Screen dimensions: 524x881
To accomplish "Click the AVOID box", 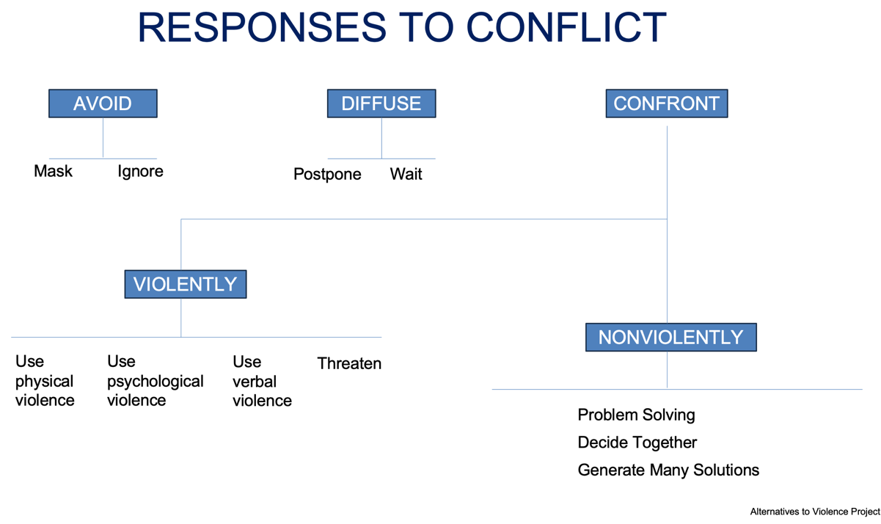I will point(103,103).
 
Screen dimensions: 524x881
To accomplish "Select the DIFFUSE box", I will point(381,103).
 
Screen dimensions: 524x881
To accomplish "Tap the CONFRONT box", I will point(666,103).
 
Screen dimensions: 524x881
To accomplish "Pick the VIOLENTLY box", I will point(185,284).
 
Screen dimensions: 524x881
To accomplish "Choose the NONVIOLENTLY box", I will point(670,337).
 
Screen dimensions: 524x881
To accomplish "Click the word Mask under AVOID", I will point(53,171).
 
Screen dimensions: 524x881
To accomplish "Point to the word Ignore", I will point(140,171).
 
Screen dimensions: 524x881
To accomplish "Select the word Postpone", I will point(327,175).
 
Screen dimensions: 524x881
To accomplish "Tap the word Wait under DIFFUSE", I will point(406,175).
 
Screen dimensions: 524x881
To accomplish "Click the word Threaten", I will point(349,363).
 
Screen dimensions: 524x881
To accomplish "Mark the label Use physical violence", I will point(45,381).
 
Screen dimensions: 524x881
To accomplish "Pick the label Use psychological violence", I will point(155,381).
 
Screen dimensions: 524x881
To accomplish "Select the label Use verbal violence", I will point(262,382).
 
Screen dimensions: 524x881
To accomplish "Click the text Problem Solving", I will point(636,415).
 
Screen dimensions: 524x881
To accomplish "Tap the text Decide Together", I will point(637,443).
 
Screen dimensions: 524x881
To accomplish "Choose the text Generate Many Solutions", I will point(668,470).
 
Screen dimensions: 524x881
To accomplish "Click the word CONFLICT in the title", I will point(566,27).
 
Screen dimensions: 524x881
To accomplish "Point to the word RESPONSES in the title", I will point(260,27).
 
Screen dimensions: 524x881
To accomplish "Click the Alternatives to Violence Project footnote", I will point(814,512).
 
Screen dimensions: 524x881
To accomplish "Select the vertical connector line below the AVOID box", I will point(103,138).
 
